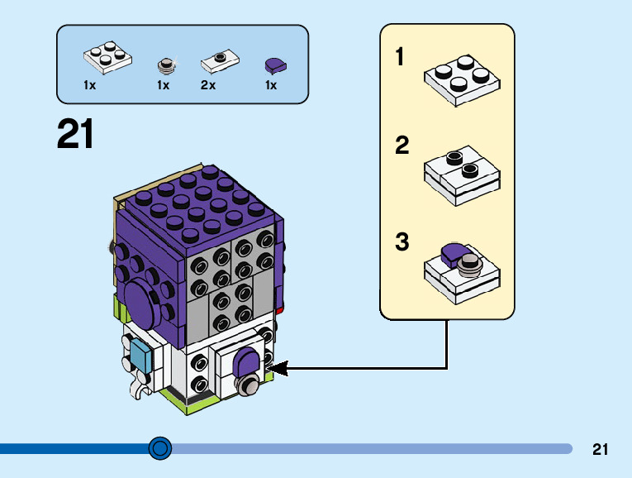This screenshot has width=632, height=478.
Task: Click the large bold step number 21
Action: [75, 134]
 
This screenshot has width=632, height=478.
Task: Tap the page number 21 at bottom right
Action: [601, 450]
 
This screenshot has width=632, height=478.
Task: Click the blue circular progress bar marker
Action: [160, 448]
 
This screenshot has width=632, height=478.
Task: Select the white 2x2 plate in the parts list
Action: [108, 58]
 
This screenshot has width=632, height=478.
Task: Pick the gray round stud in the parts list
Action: [165, 64]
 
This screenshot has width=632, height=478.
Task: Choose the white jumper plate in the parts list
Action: [219, 60]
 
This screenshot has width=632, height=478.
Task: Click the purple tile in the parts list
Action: [273, 65]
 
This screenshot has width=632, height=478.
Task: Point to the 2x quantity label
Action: [207, 85]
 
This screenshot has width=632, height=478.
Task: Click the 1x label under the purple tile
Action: [271, 85]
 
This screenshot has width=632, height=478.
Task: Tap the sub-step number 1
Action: [401, 58]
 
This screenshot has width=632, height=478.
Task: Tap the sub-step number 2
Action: [402, 146]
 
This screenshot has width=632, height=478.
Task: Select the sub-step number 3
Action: [402, 243]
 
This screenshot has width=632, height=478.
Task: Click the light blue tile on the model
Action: [141, 358]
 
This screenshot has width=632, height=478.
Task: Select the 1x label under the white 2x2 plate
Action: [90, 85]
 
